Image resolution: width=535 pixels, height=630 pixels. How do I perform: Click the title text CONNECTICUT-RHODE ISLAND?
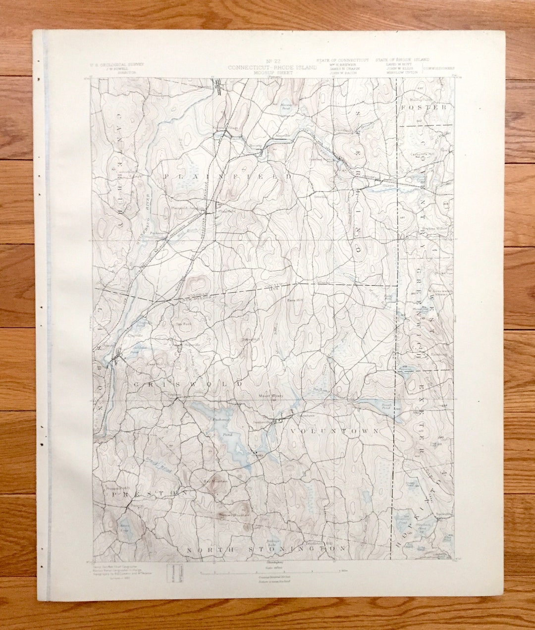click(272, 67)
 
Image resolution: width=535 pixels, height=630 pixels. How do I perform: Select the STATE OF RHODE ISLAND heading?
click(402, 60)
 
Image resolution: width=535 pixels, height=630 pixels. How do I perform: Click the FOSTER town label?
click(424, 107)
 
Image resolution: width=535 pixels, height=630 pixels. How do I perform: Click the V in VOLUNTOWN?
click(293, 431)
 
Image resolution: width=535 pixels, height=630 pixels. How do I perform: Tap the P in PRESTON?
click(114, 494)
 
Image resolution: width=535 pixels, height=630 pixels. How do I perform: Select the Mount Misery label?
click(270, 396)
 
